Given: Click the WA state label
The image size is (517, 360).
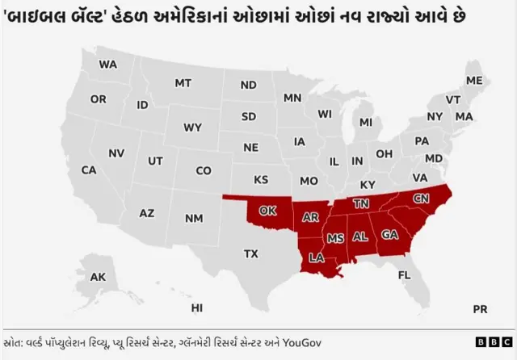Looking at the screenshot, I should [x=107, y=64].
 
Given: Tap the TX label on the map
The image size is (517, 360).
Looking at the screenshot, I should [x=251, y=253].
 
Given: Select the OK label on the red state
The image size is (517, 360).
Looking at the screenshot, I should [x=268, y=211].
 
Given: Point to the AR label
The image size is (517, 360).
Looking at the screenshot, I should [x=310, y=217].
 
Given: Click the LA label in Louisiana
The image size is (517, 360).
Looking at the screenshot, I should [x=316, y=258].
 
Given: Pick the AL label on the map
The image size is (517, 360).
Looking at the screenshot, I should [x=360, y=237].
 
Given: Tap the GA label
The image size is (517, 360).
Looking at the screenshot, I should [x=389, y=235].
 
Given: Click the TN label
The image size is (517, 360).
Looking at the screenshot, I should [x=360, y=203].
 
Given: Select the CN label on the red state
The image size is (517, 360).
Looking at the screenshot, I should [x=422, y=198].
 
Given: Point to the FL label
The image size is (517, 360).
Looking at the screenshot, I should [x=404, y=274].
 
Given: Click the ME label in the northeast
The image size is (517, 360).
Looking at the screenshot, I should [x=474, y=81].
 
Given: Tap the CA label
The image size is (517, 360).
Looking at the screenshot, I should [x=89, y=170].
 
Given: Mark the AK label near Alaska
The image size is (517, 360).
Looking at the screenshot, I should [x=98, y=277].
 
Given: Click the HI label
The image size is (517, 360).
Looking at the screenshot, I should [x=197, y=308].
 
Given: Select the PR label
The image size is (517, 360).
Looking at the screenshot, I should [x=480, y=308].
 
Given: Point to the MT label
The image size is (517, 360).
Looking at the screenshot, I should [x=183, y=83].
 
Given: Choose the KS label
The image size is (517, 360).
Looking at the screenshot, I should [x=261, y=179].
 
